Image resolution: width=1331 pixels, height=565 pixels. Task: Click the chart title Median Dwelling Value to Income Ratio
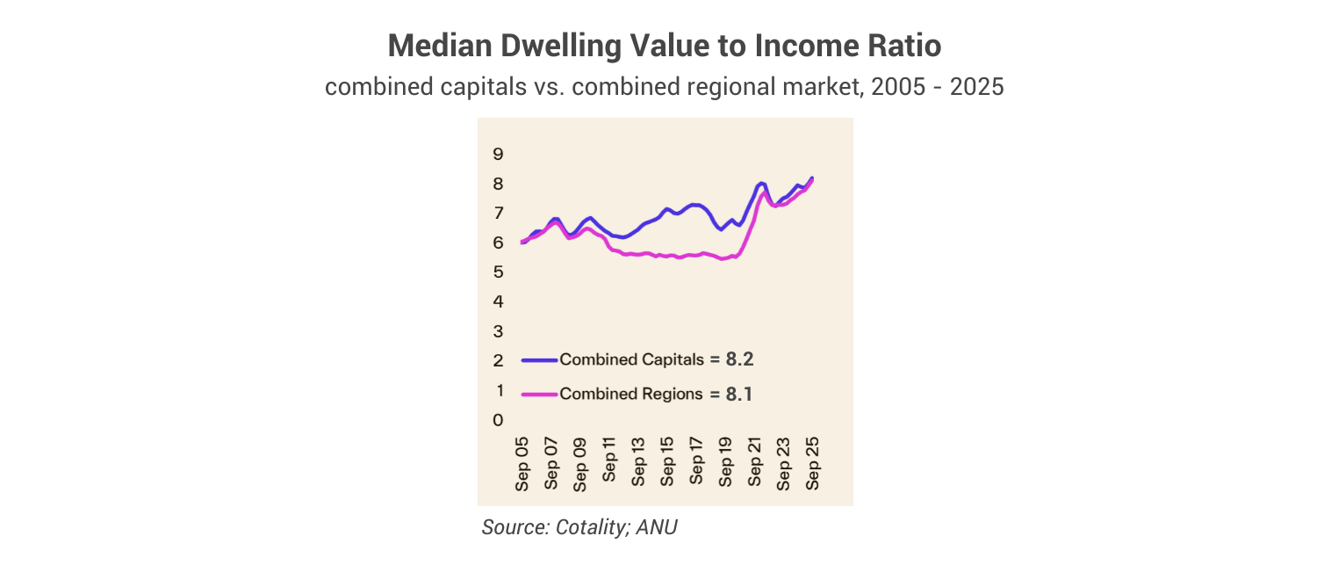665,46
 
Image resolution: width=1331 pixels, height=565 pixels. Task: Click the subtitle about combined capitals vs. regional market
665,88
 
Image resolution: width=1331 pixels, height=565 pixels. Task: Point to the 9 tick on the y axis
498,155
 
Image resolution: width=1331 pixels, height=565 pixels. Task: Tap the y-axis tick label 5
498,272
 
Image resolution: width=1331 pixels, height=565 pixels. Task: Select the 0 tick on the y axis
498,420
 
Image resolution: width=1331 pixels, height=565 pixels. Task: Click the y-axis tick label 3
498,331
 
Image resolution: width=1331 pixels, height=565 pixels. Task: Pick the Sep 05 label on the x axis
522,462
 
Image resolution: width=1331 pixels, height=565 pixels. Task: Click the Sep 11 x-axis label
609,462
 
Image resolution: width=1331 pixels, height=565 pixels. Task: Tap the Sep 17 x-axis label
696,462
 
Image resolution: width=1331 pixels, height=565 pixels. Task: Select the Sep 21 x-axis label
755,462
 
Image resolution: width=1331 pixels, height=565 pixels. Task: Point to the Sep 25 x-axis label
813,462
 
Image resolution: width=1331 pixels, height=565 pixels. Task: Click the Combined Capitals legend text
632,359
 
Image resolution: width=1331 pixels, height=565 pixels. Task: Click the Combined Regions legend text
631,394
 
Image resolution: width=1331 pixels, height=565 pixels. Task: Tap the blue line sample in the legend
539,359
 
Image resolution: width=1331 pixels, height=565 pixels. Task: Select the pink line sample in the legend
539,395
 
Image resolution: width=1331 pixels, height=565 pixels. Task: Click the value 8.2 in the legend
740,359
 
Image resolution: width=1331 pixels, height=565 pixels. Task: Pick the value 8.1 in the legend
739,394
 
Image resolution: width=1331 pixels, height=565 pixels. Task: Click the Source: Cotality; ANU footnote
579,527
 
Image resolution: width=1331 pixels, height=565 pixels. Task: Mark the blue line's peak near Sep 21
761,183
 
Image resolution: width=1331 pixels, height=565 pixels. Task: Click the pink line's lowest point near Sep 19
723,258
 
